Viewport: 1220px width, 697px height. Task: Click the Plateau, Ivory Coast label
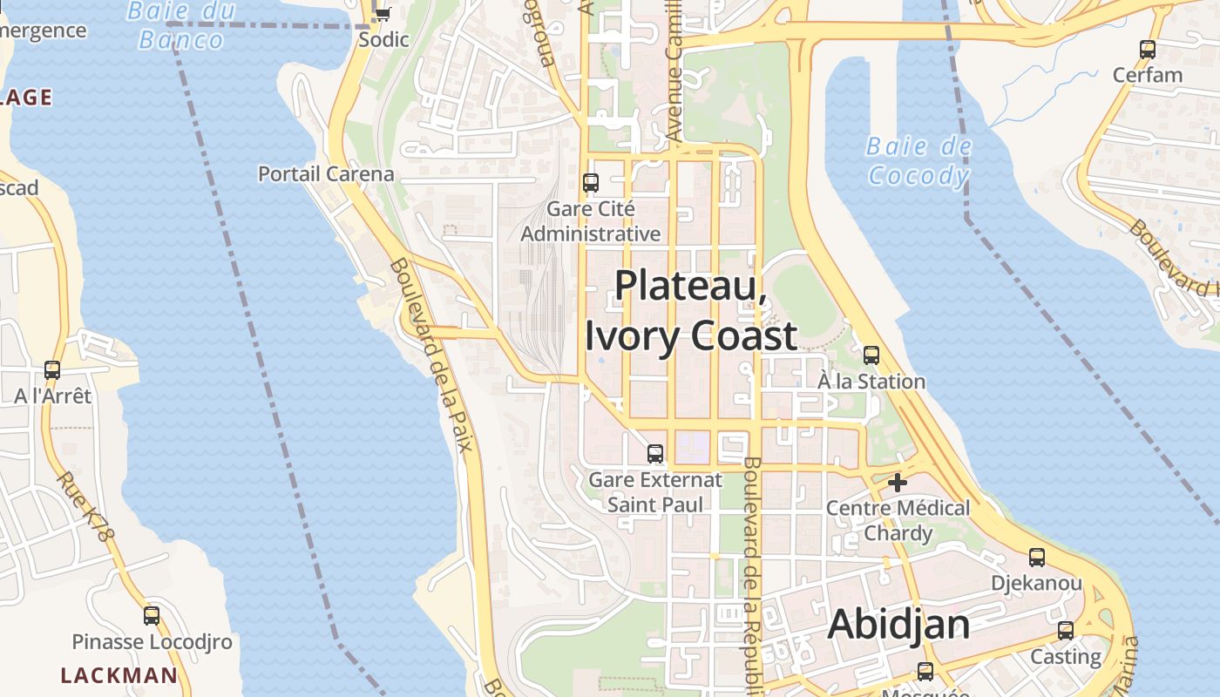point(690,310)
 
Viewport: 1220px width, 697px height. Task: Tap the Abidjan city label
point(898,625)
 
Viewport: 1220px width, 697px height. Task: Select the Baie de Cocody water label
point(918,161)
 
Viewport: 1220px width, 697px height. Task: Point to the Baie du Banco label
point(181,25)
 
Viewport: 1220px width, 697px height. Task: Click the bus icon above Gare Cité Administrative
point(591,183)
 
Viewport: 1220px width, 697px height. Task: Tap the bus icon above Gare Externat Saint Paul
point(655,454)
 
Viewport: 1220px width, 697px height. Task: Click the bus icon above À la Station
point(871,355)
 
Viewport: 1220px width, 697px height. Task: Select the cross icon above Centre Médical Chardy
point(898,482)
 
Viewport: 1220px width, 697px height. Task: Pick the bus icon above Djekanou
point(1037,558)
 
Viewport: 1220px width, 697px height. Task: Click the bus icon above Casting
point(1066,631)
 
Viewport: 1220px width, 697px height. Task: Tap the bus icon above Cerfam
point(1148,50)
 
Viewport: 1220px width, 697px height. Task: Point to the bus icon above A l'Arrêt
point(52,370)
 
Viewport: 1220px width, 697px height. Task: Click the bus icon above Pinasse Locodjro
point(152,616)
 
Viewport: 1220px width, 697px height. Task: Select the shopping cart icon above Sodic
point(383,14)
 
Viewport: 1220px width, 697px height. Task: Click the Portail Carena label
point(326,174)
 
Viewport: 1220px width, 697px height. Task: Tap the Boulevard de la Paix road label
point(430,354)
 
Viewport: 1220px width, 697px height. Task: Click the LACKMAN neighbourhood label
point(119,675)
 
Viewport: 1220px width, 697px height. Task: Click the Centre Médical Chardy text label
point(898,520)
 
